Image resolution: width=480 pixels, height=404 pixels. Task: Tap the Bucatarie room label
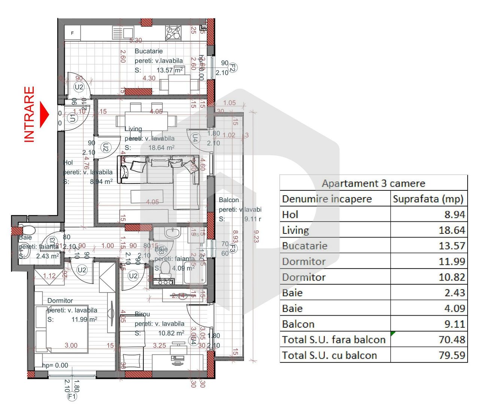149,51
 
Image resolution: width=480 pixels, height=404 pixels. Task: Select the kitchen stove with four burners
173,33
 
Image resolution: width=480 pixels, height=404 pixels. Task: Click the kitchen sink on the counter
123,33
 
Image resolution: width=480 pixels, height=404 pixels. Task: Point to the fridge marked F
73,33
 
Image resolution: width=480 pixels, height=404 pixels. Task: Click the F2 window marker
233,68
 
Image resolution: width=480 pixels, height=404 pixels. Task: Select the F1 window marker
72,396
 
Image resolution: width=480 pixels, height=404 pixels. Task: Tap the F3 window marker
233,248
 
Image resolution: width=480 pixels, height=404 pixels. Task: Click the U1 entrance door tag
73,118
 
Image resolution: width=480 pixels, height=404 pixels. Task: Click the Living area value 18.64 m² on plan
161,148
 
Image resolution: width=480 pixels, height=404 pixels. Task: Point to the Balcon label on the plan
229,200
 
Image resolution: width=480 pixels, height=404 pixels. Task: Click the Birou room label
142,314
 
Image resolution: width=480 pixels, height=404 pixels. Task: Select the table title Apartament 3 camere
373,183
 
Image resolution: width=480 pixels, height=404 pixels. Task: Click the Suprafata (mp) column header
428,199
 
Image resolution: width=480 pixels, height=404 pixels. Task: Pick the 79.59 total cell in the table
452,355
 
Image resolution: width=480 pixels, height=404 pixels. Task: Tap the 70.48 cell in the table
452,340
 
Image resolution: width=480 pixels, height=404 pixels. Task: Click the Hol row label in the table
290,215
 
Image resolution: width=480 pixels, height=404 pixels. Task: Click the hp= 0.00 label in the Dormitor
55,365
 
